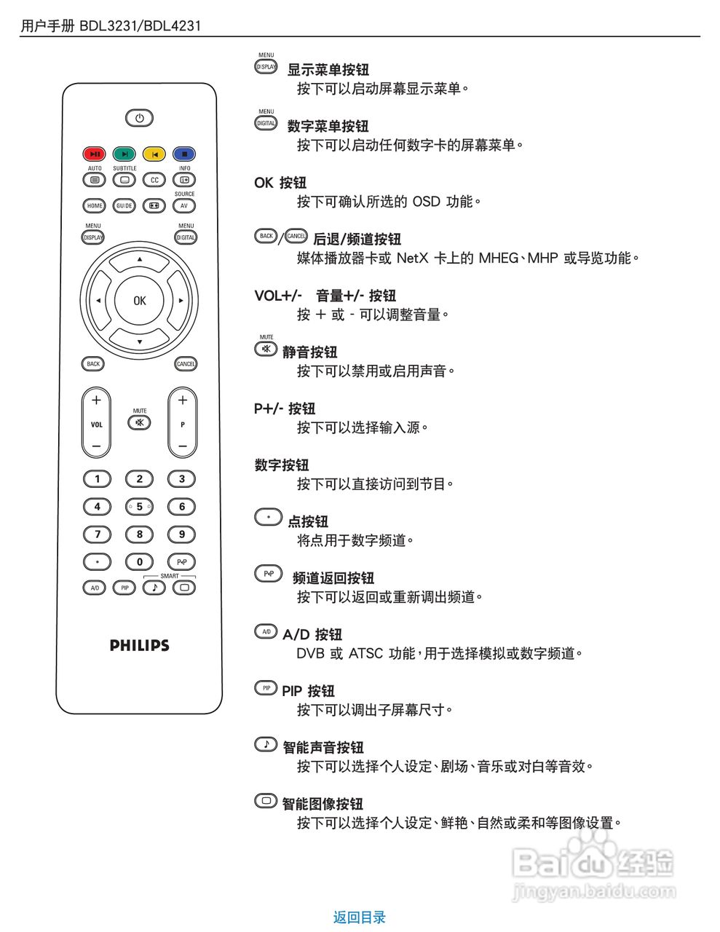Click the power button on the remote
pos(139,118)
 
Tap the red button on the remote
pos(94,154)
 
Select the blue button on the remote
pos(184,154)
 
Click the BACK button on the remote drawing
pos(93,363)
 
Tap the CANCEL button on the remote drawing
pos(186,363)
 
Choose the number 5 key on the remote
pos(139,507)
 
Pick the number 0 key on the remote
pos(139,561)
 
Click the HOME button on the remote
pos(95,206)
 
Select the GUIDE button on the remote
pos(124,206)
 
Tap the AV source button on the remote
pos(184,206)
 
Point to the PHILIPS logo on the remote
pos(139,645)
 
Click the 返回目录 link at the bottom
pos(359,917)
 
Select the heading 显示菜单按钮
pos(328,70)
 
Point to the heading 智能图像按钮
pos(322,804)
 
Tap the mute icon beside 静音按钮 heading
pos(266,349)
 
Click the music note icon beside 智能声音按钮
pos(266,744)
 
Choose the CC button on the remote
pos(154,180)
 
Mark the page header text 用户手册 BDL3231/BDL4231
pos(111,26)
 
